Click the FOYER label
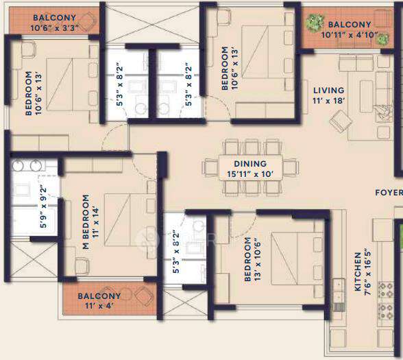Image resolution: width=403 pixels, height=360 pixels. pos(388,193)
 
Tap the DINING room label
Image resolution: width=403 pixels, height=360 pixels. pos(249,164)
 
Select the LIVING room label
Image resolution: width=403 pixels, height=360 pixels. pos(328,90)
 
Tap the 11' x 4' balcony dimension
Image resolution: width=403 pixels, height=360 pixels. pos(100,306)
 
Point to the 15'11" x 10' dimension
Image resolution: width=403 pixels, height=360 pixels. pos(249,173)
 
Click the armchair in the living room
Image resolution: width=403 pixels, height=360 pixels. pos(340,121)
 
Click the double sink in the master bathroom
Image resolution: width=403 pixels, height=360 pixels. pos(27,165)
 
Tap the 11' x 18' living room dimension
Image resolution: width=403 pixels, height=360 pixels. pos(328,100)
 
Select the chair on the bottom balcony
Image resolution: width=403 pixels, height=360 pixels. pos(145,296)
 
